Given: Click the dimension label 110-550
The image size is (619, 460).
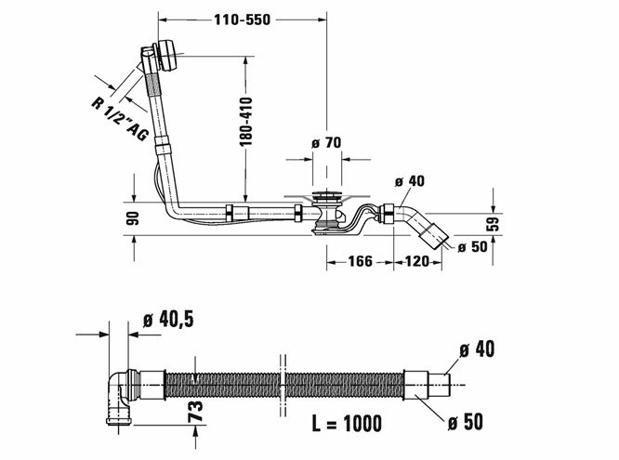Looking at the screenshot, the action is [242, 20].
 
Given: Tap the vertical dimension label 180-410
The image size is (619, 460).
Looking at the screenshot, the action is [246, 121].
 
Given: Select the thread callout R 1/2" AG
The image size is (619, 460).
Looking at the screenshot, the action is [120, 118].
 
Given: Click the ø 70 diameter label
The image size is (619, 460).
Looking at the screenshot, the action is [325, 142].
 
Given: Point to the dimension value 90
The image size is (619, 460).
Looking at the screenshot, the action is [134, 218].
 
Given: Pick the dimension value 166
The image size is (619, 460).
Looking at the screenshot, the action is [360, 261].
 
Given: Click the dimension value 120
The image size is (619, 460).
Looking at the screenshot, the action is [417, 261].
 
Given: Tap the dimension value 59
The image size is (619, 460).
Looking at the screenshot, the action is [494, 223].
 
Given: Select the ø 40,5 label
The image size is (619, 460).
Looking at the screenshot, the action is [168, 319].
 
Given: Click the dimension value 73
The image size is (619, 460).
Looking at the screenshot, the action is [196, 411].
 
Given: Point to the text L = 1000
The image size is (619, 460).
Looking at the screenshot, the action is [347, 424].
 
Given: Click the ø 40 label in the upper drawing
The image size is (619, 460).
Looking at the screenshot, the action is [410, 181].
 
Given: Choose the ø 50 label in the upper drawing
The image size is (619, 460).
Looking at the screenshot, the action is [472, 247].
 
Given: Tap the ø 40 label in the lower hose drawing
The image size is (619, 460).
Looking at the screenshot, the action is [477, 349].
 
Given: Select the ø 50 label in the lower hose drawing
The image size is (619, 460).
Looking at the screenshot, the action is [466, 422].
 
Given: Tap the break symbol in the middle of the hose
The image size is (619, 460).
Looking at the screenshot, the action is [283, 385].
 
